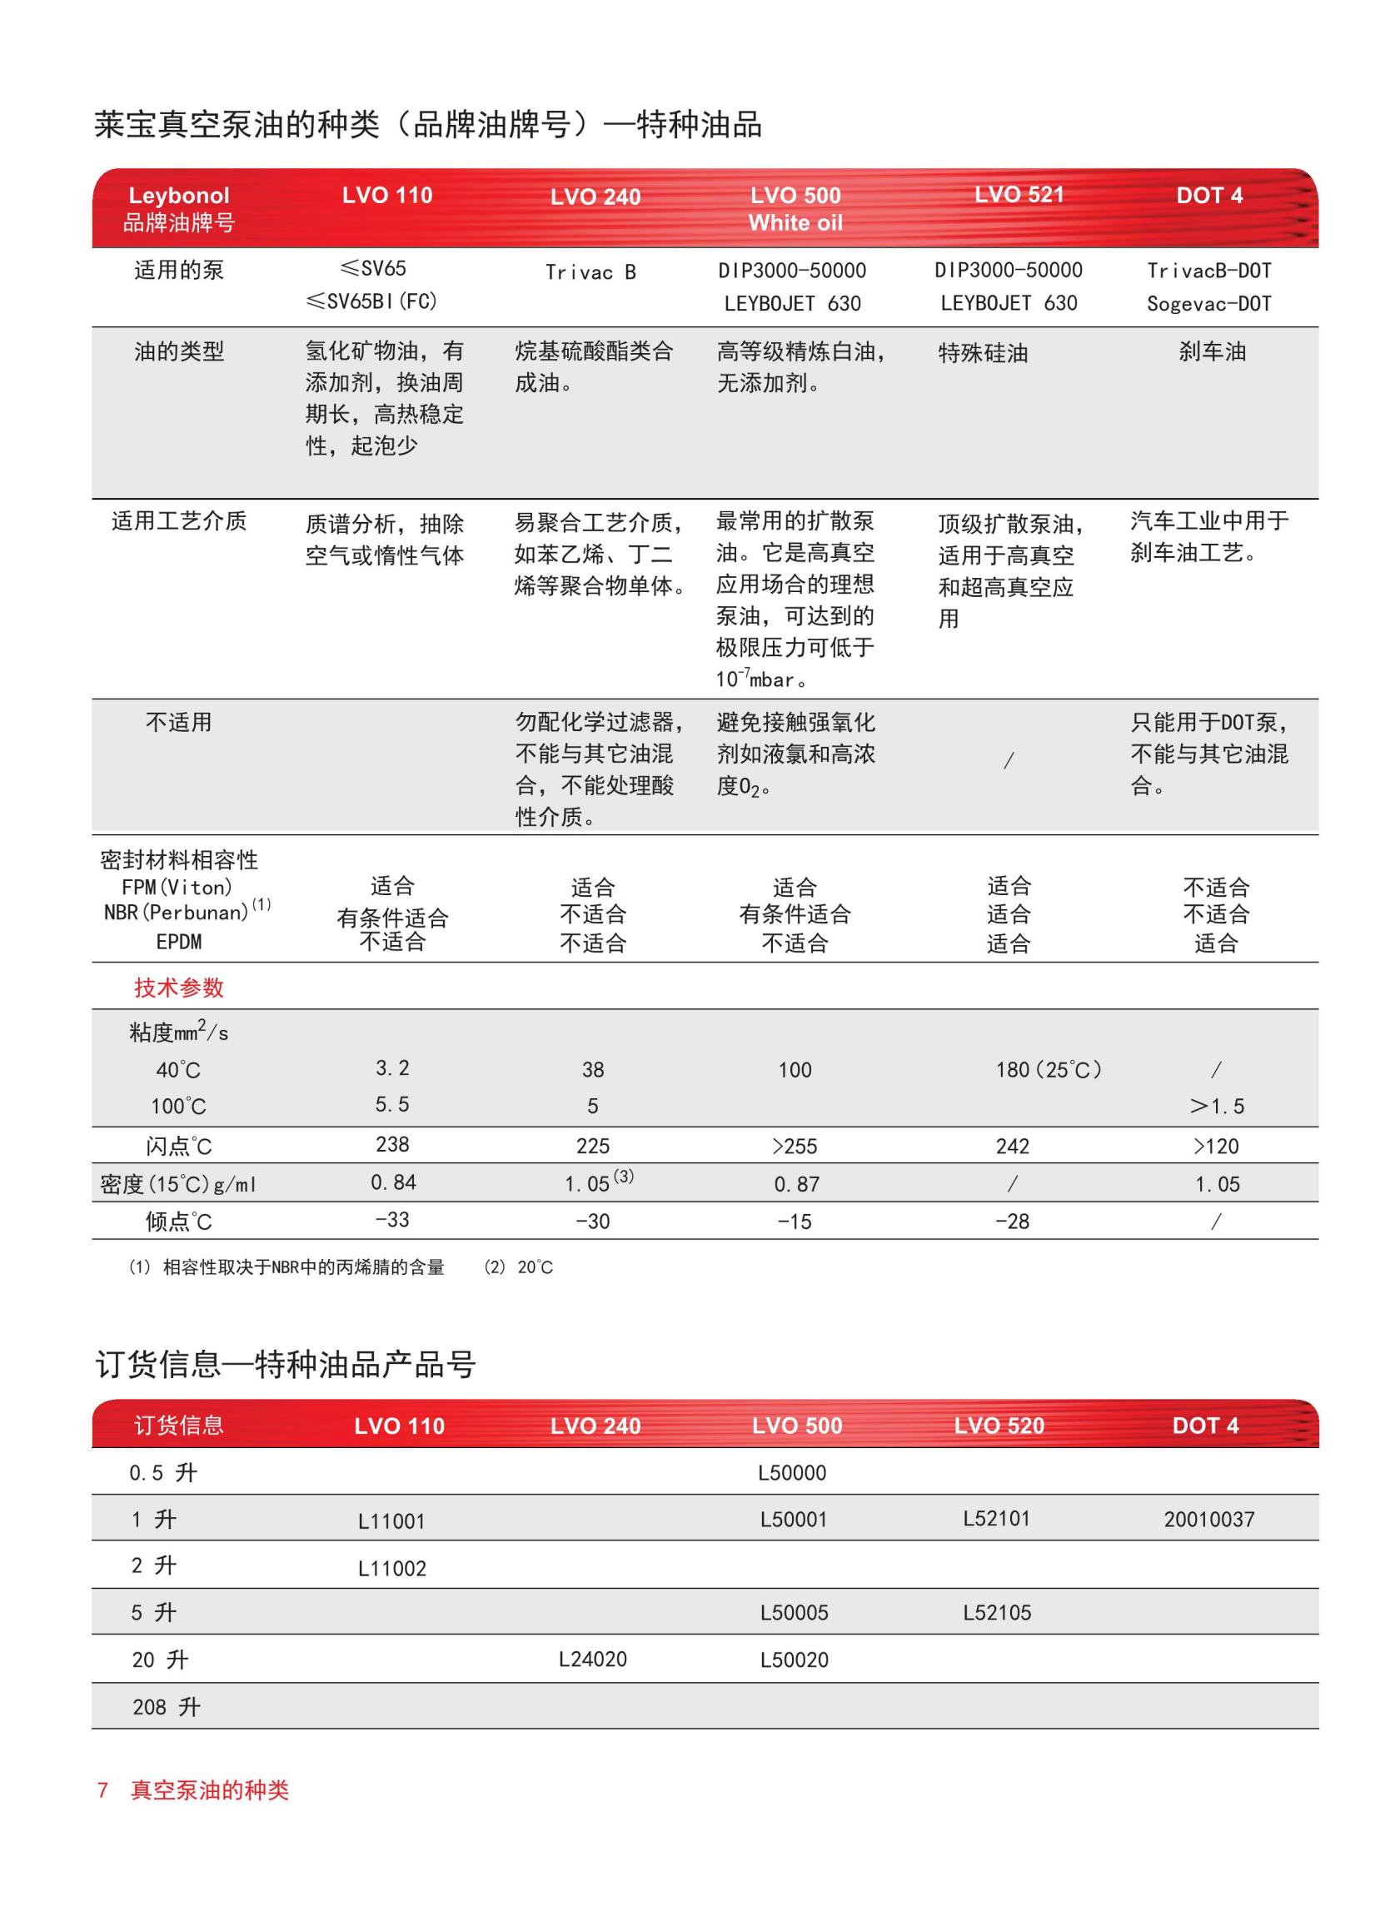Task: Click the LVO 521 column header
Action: (1019, 195)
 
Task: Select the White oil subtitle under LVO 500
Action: (795, 223)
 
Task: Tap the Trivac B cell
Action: (590, 271)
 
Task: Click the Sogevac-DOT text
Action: (1208, 304)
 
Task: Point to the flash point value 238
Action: (391, 1144)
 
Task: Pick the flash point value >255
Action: (794, 1147)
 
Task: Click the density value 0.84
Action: (392, 1182)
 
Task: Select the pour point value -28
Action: (1012, 1221)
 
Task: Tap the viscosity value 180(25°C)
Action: (1048, 1069)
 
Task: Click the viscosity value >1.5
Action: (1216, 1106)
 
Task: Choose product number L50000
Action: (791, 1473)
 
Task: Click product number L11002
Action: (391, 1569)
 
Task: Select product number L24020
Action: (592, 1659)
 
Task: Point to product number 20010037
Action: (1208, 1520)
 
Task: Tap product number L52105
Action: (996, 1612)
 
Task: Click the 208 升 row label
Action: (166, 1707)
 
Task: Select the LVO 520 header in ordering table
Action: (998, 1426)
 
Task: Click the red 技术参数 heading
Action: (178, 987)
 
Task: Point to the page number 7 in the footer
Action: (102, 1789)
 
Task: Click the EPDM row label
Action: (178, 941)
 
